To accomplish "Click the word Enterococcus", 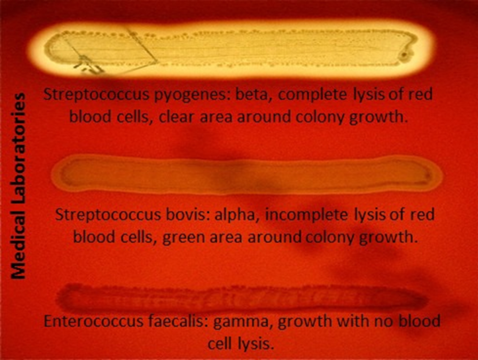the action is (x=93, y=321).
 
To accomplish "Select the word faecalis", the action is (x=178, y=321).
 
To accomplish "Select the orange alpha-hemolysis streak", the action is (x=247, y=174).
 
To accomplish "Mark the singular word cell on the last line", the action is (x=220, y=344).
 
